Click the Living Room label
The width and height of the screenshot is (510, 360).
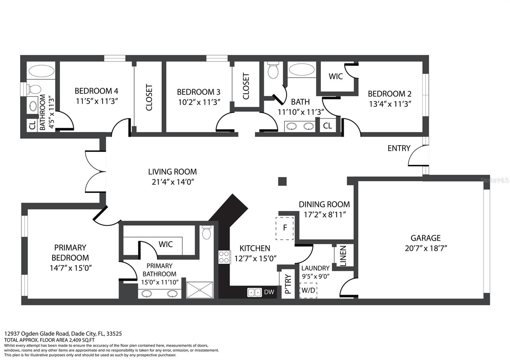coord(172,172)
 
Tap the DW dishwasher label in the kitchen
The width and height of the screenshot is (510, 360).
coord(269,292)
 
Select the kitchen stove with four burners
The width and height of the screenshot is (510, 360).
coord(224,257)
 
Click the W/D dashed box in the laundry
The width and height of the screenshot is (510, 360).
coord(308,290)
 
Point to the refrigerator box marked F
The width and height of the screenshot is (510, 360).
coord(285,228)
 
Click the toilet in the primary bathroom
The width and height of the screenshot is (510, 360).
coord(207,232)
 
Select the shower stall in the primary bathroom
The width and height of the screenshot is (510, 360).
coord(200,290)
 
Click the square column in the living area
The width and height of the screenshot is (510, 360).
coord(282,182)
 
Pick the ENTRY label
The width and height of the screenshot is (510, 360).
coord(399,148)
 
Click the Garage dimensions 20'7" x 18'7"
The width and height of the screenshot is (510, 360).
coord(426,248)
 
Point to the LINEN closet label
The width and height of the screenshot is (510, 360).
coord(343,256)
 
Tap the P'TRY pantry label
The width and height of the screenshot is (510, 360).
coord(288,284)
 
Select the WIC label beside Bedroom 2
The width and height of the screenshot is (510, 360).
coord(336,76)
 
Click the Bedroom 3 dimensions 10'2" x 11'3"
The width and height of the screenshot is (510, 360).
coord(199,102)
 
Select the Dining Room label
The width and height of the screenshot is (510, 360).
coord(324,204)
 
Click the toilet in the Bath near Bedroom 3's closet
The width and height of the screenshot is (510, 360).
coord(273,70)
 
